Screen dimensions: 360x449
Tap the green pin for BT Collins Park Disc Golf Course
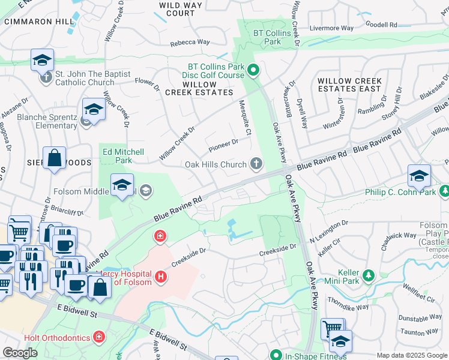coord(253,71)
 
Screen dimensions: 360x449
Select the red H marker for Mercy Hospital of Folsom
coord(160,277)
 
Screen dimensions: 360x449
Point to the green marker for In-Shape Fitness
coord(276,355)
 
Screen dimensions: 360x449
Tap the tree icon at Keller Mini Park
coord(369,275)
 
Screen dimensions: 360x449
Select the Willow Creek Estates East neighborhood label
coord(349,85)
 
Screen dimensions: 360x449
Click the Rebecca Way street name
coord(190,42)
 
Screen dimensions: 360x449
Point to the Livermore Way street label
coord(331,28)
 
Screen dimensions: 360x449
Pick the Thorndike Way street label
coord(353,307)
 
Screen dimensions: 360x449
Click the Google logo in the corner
coord(20,353)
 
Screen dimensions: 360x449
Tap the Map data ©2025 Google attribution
coord(412,355)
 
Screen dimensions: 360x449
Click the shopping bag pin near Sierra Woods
coord(54,158)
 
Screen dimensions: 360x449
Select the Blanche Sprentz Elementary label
coord(47,121)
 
